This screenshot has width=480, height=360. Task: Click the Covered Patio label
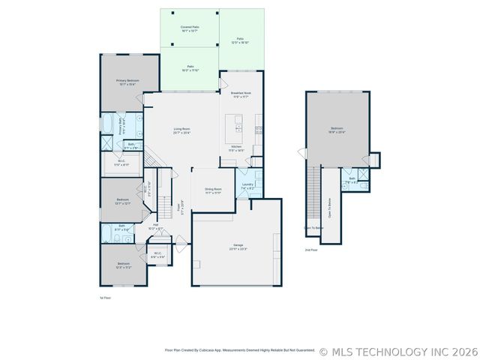click(189, 28)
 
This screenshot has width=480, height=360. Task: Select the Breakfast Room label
click(241, 95)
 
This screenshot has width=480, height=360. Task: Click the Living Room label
click(181, 131)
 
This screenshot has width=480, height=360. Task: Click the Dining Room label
click(213, 190)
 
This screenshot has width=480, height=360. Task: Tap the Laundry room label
click(247, 186)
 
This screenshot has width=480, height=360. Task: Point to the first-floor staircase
click(152, 158)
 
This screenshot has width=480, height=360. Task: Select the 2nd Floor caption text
click(310, 249)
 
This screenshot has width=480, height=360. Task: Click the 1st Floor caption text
click(105, 298)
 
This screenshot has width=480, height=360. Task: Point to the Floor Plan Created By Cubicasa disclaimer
click(240, 349)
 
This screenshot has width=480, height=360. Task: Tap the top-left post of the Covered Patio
click(172, 13)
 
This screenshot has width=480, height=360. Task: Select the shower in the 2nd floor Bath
click(363, 177)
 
